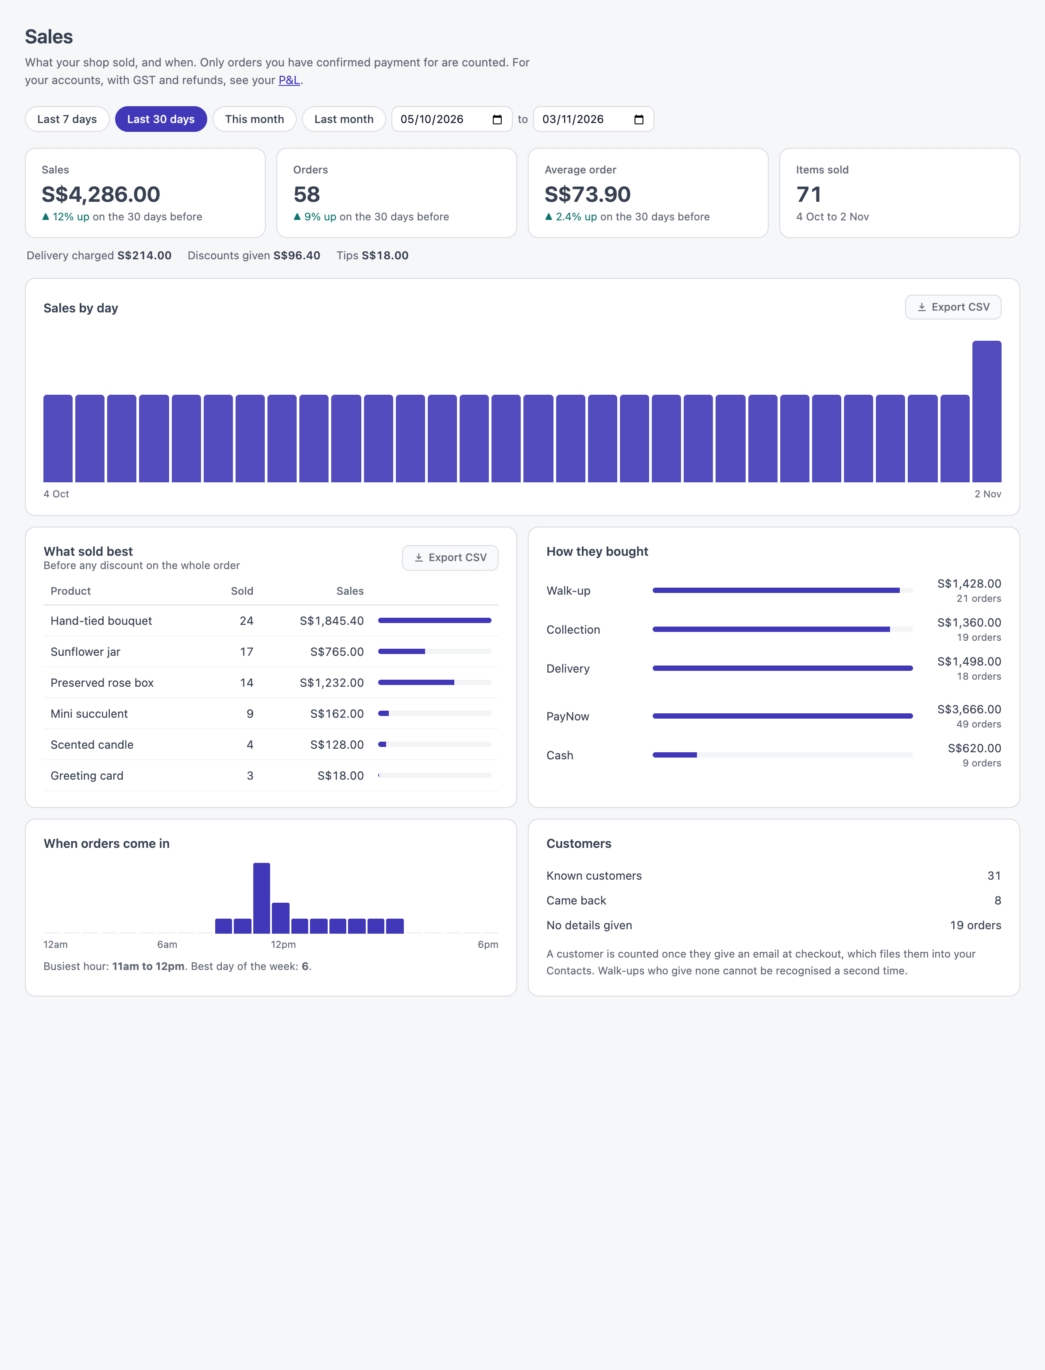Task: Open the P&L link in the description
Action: tap(289, 80)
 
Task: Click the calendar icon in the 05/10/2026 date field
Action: tap(497, 119)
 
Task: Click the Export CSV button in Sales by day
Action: tap(953, 307)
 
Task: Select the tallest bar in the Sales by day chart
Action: tap(987, 412)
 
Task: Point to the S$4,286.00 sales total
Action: tap(101, 195)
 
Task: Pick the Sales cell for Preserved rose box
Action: tap(332, 682)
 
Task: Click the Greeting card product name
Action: tap(87, 776)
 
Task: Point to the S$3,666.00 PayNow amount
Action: tap(969, 709)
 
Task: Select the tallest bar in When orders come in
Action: tap(262, 898)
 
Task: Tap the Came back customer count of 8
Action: tap(998, 901)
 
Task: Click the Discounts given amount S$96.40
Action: tap(297, 255)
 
